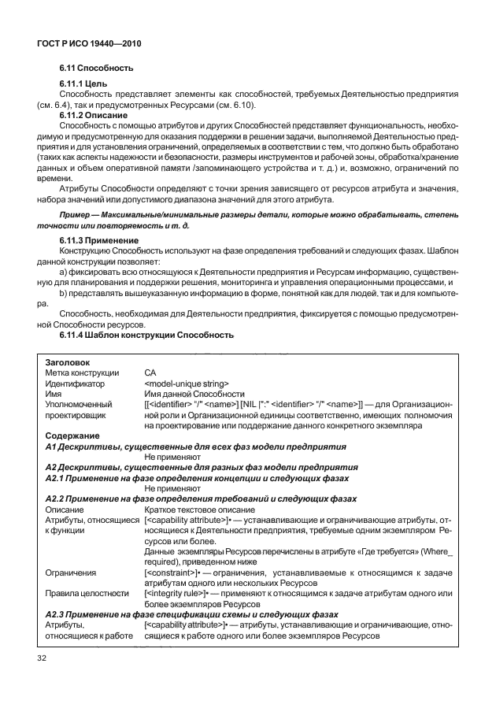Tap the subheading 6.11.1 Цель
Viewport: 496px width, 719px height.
pos(84,83)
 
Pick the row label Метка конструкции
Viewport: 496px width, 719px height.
pos(82,372)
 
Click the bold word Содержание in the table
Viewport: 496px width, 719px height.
pos(72,435)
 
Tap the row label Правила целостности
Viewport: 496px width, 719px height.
pos(87,593)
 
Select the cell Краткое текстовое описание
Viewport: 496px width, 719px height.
pos(194,510)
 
